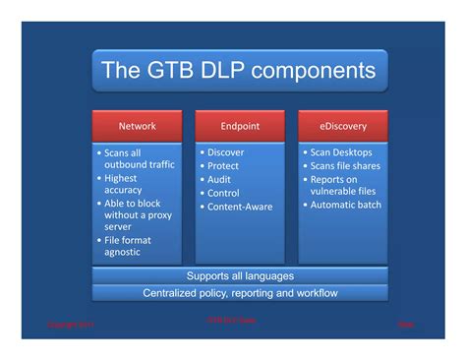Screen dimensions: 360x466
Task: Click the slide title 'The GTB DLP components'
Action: pos(240,71)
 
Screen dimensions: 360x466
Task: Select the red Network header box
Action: pos(137,126)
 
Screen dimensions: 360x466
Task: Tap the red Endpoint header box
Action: pos(240,126)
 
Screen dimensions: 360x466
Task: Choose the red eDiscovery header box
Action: pos(343,126)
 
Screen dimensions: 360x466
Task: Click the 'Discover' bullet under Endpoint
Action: pos(225,152)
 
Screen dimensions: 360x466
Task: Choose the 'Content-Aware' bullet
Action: pos(239,207)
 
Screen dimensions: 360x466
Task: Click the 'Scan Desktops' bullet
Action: pos(344,152)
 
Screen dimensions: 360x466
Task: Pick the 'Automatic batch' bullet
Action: pos(348,205)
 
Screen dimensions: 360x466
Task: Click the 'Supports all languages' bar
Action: pos(240,275)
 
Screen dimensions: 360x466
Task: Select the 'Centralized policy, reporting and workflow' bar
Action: pos(240,292)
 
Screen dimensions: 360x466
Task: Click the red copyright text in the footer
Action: pos(68,324)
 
